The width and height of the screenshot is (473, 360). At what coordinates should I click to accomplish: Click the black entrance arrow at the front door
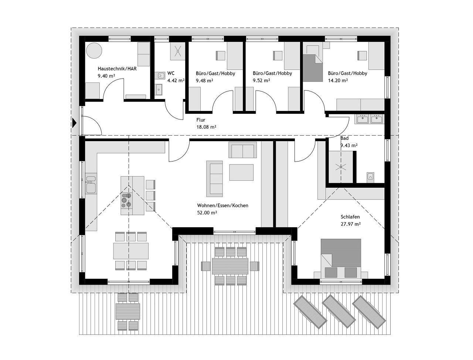(x=74, y=123)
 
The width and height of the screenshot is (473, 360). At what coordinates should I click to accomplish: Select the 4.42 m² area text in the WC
(x=176, y=80)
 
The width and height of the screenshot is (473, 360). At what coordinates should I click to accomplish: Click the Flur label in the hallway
(x=201, y=120)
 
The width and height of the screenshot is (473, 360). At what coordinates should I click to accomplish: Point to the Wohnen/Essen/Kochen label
(x=222, y=206)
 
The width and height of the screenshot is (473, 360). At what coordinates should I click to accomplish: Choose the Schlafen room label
(x=350, y=217)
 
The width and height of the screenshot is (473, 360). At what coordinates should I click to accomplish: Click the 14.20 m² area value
(x=338, y=80)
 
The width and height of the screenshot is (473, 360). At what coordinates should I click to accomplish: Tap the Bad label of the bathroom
(x=344, y=138)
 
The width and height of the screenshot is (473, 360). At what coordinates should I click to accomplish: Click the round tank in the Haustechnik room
(x=94, y=51)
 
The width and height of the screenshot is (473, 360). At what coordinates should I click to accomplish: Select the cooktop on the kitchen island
(x=126, y=200)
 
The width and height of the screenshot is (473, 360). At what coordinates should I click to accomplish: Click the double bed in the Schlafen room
(x=341, y=258)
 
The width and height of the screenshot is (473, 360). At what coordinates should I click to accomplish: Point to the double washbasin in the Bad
(x=370, y=119)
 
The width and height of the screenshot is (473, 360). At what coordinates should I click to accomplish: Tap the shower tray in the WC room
(x=177, y=51)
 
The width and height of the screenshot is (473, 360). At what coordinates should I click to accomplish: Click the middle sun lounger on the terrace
(x=338, y=310)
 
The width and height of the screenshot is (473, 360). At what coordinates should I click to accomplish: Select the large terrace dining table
(x=230, y=266)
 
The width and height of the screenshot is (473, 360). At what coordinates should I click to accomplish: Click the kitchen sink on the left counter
(x=91, y=184)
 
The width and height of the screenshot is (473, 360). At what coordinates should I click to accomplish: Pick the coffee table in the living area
(x=241, y=172)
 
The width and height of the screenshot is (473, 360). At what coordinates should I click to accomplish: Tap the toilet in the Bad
(x=370, y=177)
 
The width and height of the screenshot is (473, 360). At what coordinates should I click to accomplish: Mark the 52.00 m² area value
(x=207, y=213)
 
